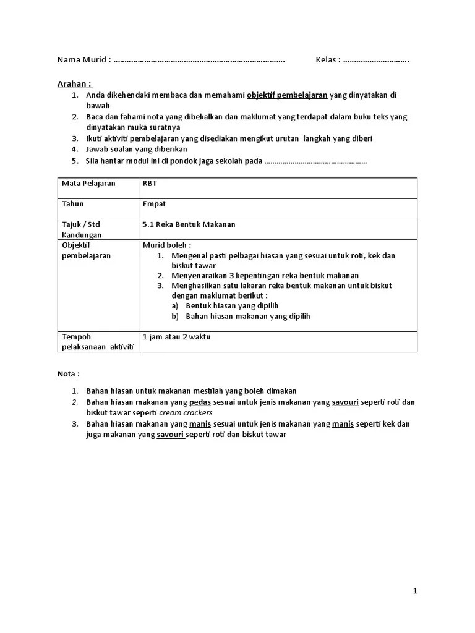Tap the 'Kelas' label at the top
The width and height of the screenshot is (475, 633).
point(328,60)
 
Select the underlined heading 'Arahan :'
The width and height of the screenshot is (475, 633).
point(75,83)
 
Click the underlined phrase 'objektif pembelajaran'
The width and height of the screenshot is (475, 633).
point(287,95)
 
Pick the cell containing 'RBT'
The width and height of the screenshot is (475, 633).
point(150,183)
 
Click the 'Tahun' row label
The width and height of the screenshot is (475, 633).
point(72,203)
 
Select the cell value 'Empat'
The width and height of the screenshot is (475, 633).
point(154,203)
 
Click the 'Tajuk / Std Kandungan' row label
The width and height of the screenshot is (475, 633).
point(81,229)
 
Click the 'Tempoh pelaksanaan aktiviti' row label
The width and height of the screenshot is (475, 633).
point(98,342)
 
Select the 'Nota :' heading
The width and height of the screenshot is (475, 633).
point(69,374)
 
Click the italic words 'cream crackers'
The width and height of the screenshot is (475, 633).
point(186,412)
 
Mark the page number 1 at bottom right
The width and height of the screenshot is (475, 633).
point(415,592)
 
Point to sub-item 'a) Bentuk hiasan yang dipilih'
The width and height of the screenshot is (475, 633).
point(225,305)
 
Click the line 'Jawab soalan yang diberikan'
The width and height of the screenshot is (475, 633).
point(137,149)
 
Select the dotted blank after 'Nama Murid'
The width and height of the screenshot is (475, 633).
point(199,61)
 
